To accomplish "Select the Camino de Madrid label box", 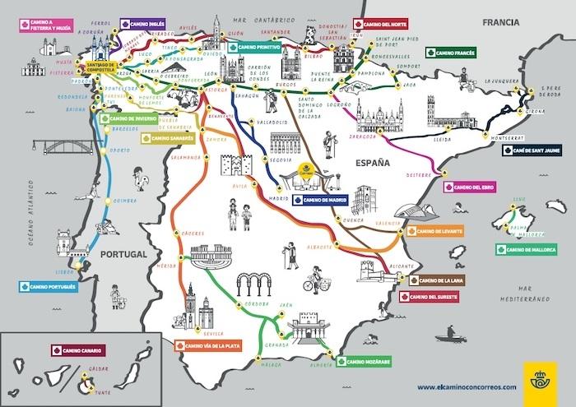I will point(320,199).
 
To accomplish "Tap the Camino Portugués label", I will point(49,287).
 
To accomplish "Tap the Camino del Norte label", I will point(384,25).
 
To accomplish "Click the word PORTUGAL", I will point(123,255).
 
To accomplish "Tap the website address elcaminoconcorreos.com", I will point(467,386).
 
